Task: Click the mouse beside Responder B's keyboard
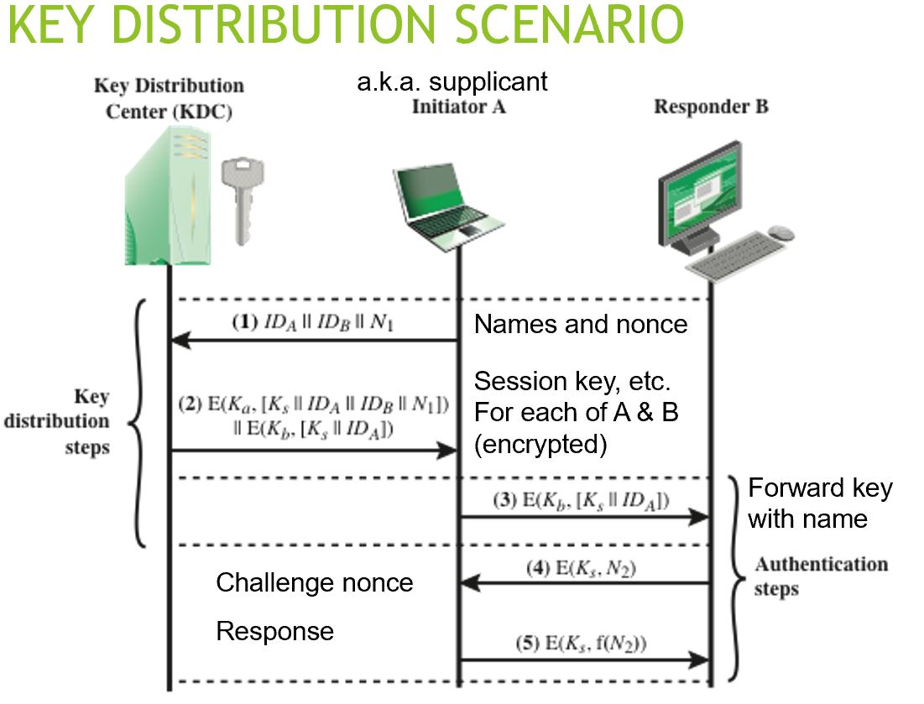click(x=780, y=232)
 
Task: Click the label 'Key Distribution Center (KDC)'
click(x=169, y=98)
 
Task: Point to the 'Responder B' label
click(x=711, y=107)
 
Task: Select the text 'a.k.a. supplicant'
click(x=452, y=81)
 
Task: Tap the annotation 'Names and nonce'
click(x=581, y=324)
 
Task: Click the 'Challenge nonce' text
click(x=315, y=582)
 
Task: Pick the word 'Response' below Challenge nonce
click(x=275, y=631)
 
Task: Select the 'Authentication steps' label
click(x=819, y=576)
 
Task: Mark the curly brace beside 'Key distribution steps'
click(x=139, y=424)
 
